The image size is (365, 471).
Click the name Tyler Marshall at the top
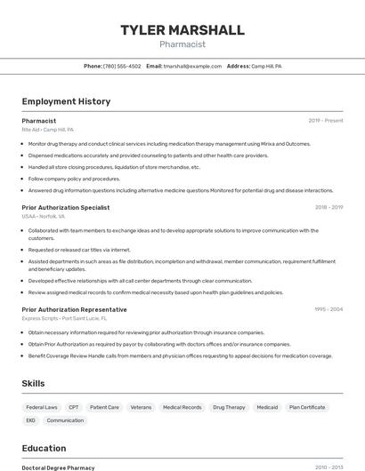(x=182, y=30)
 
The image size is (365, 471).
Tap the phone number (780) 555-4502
(x=122, y=66)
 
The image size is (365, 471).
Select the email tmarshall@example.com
(x=192, y=66)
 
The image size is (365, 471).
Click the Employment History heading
(x=66, y=101)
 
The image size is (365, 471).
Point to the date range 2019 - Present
(x=326, y=120)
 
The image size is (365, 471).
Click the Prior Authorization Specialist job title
(x=66, y=207)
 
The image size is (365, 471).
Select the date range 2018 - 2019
(x=328, y=207)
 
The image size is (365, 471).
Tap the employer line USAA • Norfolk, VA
(x=44, y=216)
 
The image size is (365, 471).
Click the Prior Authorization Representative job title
(x=74, y=309)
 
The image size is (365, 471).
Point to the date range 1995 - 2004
(x=328, y=309)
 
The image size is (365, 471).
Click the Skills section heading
(x=34, y=383)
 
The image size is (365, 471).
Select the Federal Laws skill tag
(x=42, y=407)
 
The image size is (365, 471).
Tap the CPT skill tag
(x=74, y=407)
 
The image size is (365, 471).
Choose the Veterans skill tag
(x=141, y=407)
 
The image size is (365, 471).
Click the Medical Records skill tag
(x=182, y=407)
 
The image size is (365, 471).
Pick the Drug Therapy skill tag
(x=229, y=407)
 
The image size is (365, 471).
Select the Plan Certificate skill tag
(x=307, y=407)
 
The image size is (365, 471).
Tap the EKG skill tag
(x=31, y=420)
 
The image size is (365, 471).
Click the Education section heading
(x=44, y=448)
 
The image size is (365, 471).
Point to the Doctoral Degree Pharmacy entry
(x=58, y=467)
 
